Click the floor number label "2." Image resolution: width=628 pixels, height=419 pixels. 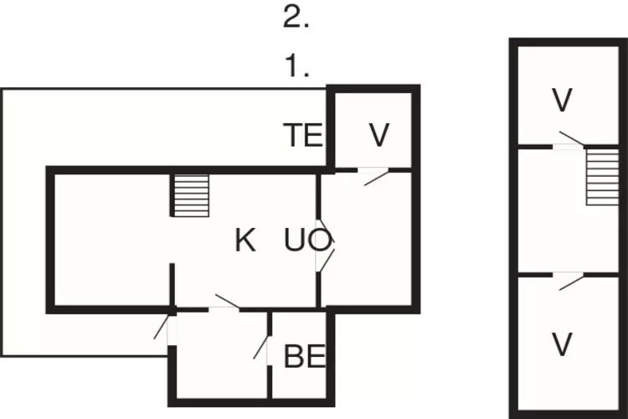click(x=296, y=18)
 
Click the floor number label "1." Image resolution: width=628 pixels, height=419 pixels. click(x=296, y=66)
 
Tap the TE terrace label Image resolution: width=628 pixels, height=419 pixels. click(x=302, y=135)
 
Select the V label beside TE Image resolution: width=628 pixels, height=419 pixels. click(x=379, y=135)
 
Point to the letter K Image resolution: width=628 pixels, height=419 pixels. click(x=245, y=241)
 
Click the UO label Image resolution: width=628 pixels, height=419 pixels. click(x=306, y=241)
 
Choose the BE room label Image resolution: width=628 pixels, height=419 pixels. click(x=304, y=356)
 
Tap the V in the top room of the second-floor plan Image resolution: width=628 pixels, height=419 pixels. click(x=563, y=101)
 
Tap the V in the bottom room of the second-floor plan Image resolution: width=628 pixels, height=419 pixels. click(x=563, y=343)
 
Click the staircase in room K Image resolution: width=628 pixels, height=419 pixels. click(x=191, y=195)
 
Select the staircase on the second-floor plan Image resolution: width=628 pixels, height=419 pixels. click(x=599, y=175)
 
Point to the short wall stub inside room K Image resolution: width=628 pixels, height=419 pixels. click(x=172, y=285)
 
